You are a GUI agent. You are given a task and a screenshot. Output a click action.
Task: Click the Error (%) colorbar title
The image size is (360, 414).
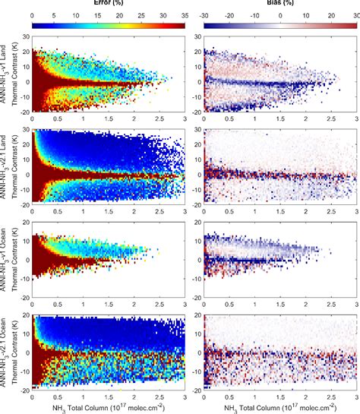[109, 4]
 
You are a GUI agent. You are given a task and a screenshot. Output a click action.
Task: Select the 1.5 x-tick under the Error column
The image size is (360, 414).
[109, 397]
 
